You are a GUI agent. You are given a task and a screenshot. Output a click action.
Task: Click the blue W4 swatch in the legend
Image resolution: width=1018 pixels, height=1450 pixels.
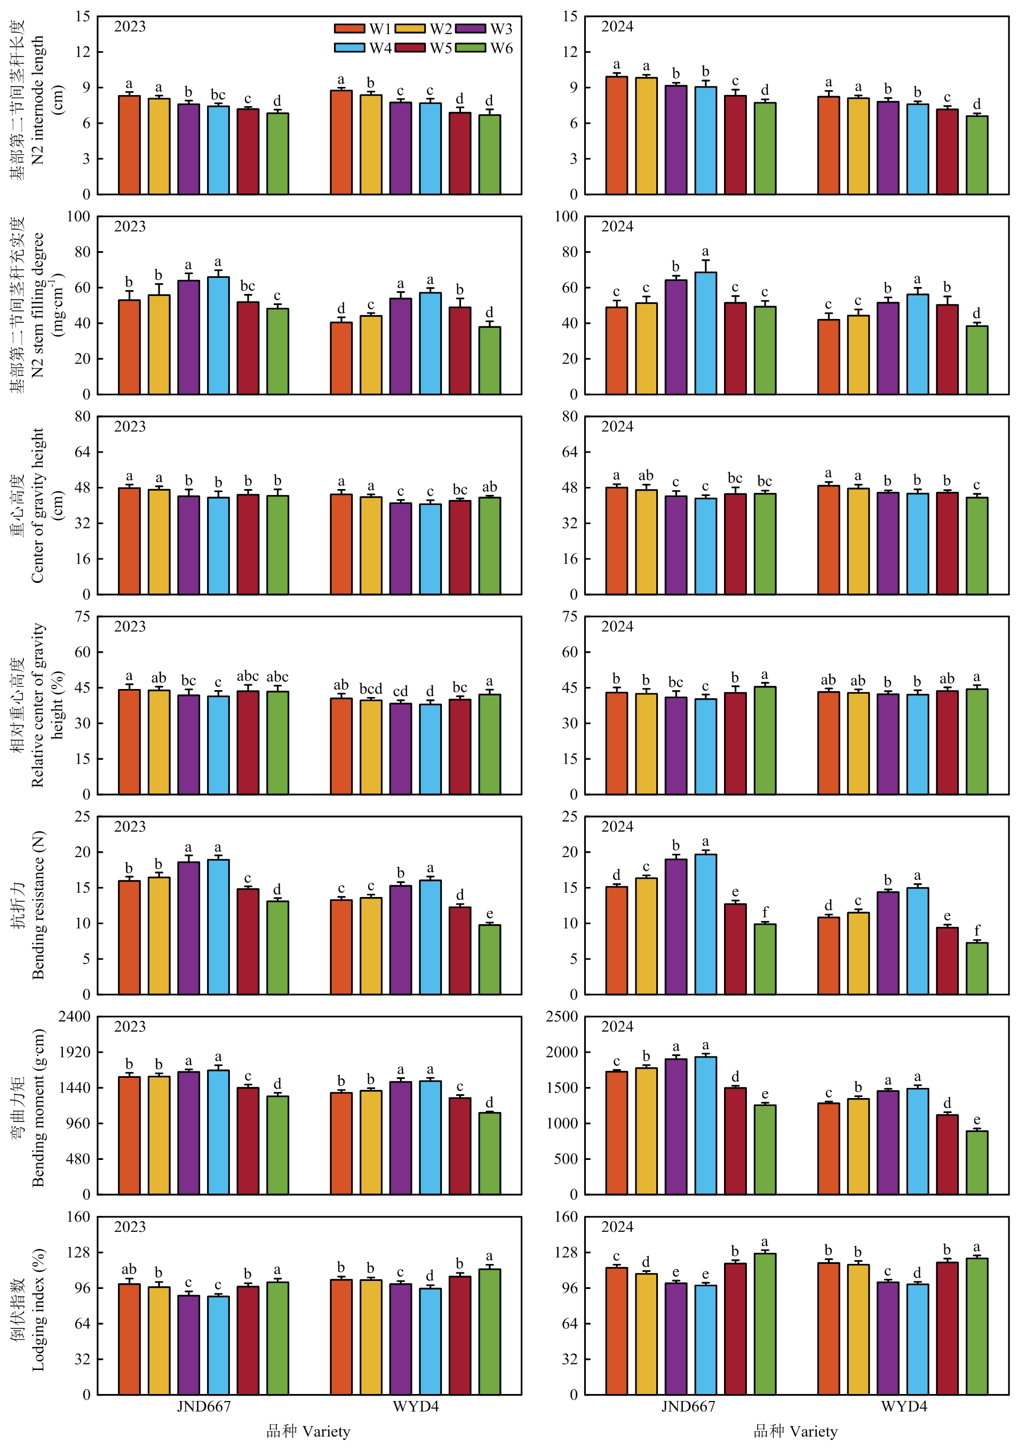coord(349,48)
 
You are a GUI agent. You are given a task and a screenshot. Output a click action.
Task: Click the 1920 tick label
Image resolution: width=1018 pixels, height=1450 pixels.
coord(75,1052)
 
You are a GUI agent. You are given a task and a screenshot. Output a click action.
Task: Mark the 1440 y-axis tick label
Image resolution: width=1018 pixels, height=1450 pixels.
coord(75,1088)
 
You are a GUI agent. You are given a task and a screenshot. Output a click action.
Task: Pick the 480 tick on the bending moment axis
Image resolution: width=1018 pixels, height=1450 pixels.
coord(79,1159)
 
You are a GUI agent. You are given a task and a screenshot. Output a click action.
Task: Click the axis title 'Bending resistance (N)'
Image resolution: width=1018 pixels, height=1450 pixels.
coord(38,905)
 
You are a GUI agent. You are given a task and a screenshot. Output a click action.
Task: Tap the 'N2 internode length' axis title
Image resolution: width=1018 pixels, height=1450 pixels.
coord(38,100)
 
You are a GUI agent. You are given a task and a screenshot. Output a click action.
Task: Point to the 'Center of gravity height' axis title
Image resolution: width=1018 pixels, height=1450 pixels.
coord(38,505)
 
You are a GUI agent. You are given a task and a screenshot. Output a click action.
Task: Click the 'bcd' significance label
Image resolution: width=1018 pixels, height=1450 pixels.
coord(371,688)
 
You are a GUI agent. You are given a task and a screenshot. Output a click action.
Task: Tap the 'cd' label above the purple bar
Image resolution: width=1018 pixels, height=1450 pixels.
coord(401,692)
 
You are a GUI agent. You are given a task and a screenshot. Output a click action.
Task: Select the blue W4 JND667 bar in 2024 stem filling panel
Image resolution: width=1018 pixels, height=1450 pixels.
coord(705,333)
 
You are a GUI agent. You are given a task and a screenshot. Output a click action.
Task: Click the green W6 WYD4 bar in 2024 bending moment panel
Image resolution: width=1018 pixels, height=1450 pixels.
coord(977,1163)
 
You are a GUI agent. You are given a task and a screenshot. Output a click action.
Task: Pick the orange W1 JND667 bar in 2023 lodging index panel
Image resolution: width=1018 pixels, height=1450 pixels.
coord(130,1339)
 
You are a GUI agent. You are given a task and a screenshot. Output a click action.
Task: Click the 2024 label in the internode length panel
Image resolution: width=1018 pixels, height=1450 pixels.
coord(617,27)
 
